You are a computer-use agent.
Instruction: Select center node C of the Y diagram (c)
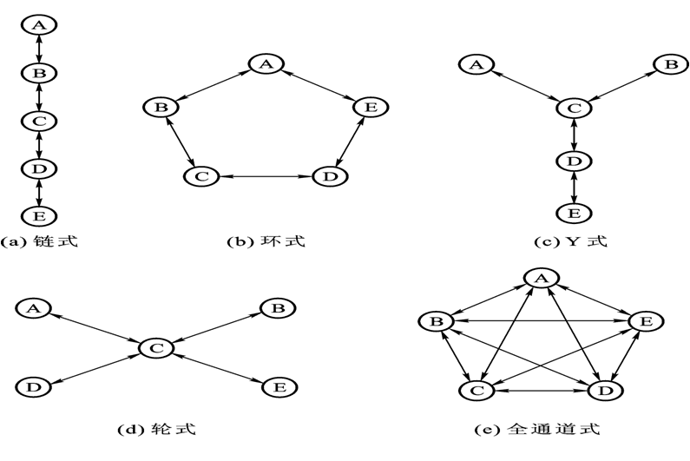(x=572, y=109)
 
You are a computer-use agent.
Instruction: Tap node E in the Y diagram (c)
(x=572, y=213)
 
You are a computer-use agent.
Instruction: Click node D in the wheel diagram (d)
(x=34, y=385)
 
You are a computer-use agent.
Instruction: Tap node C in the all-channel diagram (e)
(x=476, y=392)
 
